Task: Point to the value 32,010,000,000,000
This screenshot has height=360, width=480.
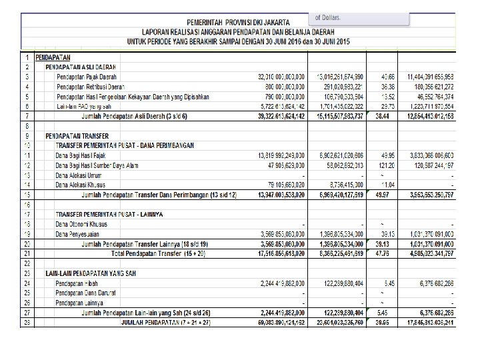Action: point(282,77)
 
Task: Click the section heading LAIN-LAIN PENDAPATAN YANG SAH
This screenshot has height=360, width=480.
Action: point(91,273)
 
